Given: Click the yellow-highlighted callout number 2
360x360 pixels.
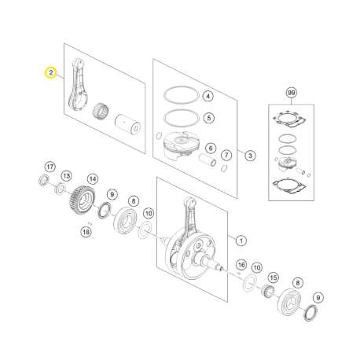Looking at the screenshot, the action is pyautogui.click(x=50, y=72).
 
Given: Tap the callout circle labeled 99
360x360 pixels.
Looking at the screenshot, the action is pyautogui.click(x=291, y=93).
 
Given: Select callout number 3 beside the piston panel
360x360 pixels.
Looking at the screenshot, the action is pyautogui.click(x=250, y=156).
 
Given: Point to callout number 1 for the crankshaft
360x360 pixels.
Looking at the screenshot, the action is pyautogui.click(x=241, y=241).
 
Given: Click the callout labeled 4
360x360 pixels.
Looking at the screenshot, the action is pyautogui.click(x=208, y=96).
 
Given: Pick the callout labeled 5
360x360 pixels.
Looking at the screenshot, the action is pyautogui.click(x=209, y=118).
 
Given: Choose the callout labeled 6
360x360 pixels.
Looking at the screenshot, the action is pyautogui.click(x=211, y=149).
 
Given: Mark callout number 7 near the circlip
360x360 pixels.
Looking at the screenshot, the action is pyautogui.click(x=226, y=155).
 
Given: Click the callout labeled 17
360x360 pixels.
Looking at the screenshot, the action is pyautogui.click(x=50, y=167).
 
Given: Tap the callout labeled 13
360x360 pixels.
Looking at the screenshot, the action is pyautogui.click(x=67, y=176).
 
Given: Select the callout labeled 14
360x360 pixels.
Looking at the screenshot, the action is pyautogui.click(x=93, y=179).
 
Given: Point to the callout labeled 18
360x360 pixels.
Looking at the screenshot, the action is pyautogui.click(x=86, y=232).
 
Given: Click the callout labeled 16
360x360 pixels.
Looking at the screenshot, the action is pyautogui.click(x=241, y=265).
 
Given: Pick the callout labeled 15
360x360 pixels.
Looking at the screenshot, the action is pyautogui.click(x=274, y=277).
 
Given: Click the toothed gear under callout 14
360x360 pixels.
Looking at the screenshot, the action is pyautogui.click(x=83, y=200).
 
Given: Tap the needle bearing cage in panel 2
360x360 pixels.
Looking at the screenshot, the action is pyautogui.click(x=101, y=111).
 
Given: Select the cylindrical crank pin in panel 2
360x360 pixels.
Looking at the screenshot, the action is pyautogui.click(x=127, y=124).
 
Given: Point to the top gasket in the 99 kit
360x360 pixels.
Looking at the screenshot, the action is pyautogui.click(x=289, y=119).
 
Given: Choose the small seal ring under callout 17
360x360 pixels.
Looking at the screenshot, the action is pyautogui.click(x=44, y=180).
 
